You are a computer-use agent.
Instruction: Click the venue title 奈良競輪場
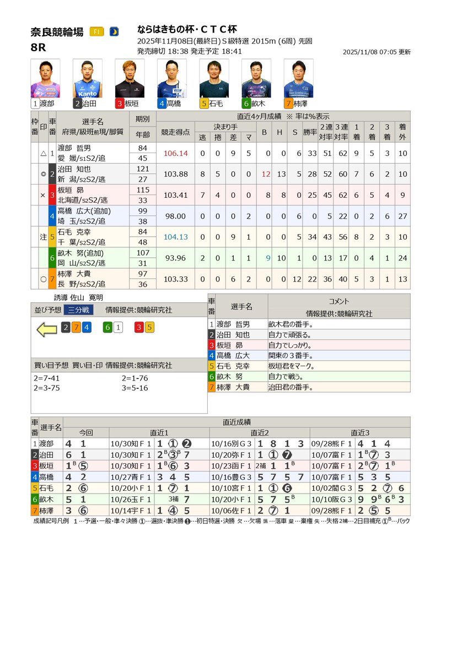[57, 32]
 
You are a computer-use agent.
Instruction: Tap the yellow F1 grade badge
[96, 31]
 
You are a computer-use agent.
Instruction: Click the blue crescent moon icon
[114, 31]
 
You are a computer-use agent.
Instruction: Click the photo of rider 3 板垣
[130, 79]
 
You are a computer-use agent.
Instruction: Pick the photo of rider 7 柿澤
[298, 79]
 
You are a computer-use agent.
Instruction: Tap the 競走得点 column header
[175, 132]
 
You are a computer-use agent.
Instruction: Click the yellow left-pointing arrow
[47, 329]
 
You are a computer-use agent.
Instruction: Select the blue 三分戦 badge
[78, 310]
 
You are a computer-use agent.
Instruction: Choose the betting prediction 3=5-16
[135, 388]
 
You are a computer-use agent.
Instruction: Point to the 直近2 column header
[260, 433]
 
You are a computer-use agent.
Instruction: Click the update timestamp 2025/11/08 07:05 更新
[376, 52]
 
